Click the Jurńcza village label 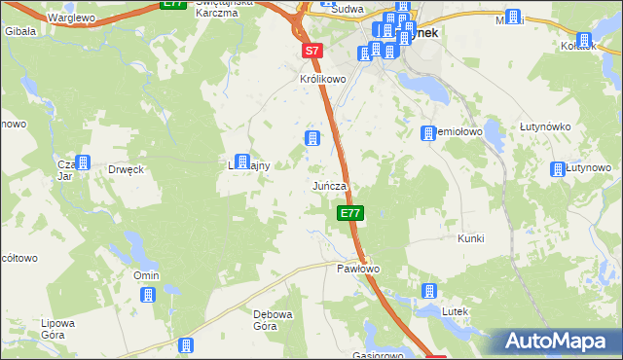[x=330, y=185]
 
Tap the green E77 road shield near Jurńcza [x=351, y=213]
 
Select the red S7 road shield [x=311, y=50]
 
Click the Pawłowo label [x=357, y=268]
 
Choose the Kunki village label [x=470, y=238]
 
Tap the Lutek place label [x=456, y=310]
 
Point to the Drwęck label [x=127, y=169]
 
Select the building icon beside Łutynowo [x=559, y=168]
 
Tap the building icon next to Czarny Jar [x=83, y=162]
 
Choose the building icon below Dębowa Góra [x=186, y=344]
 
